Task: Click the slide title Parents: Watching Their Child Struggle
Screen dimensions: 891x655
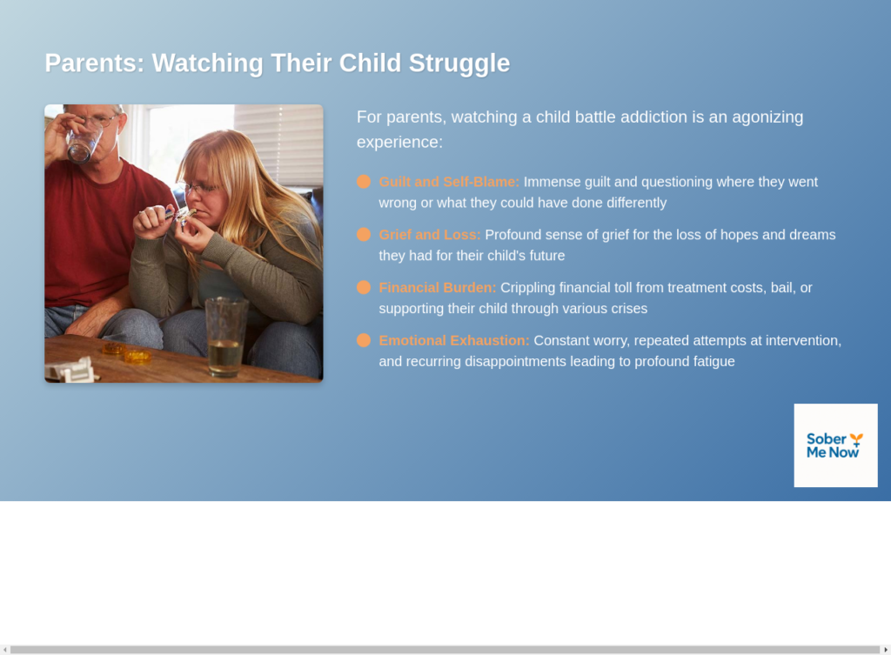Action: pyautogui.click(x=278, y=63)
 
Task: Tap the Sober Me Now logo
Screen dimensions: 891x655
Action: pyautogui.click(x=835, y=445)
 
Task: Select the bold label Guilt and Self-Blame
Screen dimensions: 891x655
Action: pyautogui.click(x=449, y=182)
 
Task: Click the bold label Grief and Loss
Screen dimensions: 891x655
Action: pyautogui.click(x=430, y=235)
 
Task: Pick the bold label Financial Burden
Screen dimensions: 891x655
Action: pyautogui.click(x=438, y=287)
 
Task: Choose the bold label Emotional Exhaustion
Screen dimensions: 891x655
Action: pyautogui.click(x=454, y=340)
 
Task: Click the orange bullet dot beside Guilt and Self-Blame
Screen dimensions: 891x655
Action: pyautogui.click(x=364, y=182)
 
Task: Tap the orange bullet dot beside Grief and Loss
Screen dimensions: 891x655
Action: pyautogui.click(x=364, y=235)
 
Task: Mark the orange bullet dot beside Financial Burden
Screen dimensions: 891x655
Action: pyautogui.click(x=364, y=287)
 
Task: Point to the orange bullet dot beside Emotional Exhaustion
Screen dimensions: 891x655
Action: pyautogui.click(x=364, y=340)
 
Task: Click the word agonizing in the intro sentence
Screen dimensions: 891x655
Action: pyautogui.click(x=767, y=117)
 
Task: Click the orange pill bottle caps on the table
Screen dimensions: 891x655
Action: pyautogui.click(x=127, y=352)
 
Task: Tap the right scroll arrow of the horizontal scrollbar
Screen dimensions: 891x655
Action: pyautogui.click(x=885, y=650)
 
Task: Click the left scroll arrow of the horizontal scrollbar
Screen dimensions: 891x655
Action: pyautogui.click(x=5, y=650)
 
